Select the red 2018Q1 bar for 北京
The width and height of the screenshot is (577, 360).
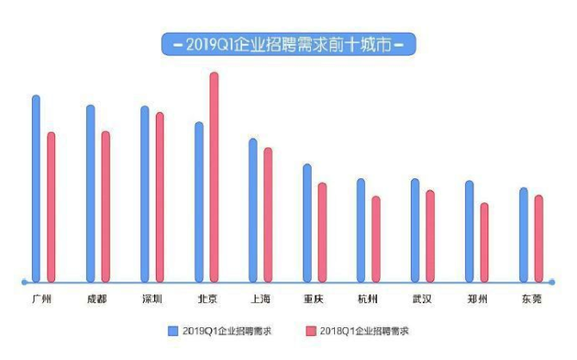(x=214, y=177)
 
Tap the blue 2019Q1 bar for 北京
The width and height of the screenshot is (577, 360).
(x=199, y=202)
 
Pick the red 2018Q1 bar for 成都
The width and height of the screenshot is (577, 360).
(x=106, y=206)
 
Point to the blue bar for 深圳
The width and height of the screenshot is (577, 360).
(x=145, y=194)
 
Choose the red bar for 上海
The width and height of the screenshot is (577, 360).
(x=268, y=214)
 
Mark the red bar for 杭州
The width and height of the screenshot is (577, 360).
(x=375, y=239)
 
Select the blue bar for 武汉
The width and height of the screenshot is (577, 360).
(x=415, y=230)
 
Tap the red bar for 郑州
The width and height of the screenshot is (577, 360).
(x=484, y=242)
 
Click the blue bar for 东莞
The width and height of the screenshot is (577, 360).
(x=524, y=234)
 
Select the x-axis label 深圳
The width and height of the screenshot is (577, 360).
(x=152, y=299)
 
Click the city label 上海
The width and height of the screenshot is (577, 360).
(x=260, y=299)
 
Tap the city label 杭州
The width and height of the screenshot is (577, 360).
(x=368, y=299)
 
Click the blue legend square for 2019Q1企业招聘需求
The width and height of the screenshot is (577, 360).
(x=172, y=330)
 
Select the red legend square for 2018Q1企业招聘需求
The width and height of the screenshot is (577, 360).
(x=309, y=330)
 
